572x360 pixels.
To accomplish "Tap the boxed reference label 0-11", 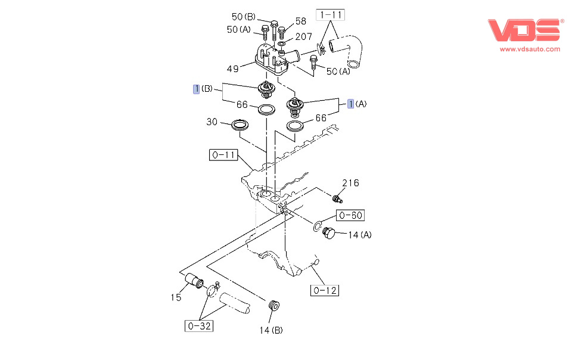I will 223,156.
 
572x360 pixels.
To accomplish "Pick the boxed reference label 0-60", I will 350,215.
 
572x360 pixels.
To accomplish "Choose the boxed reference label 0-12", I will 324,291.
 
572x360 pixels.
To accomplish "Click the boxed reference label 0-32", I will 199,326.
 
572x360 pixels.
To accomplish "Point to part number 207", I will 303,37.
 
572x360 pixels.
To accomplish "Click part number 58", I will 300,21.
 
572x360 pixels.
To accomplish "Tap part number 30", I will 212,122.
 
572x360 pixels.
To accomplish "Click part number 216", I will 350,183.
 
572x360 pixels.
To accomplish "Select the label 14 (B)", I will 271,330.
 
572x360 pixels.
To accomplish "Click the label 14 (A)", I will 360,235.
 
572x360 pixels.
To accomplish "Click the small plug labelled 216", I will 338,198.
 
